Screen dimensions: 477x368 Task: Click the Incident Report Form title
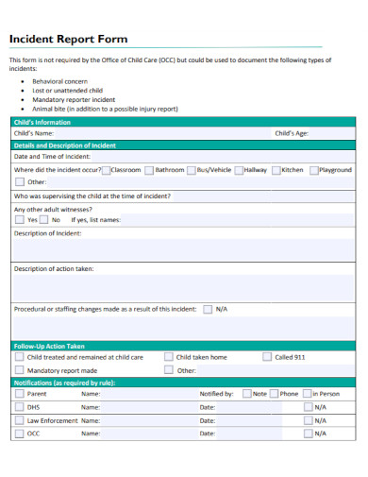click(68, 40)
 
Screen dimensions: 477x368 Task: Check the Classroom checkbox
click(106, 170)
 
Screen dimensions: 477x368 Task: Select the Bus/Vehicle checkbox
click(192, 170)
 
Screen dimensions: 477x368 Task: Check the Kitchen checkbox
click(276, 170)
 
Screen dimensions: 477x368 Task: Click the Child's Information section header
click(42, 123)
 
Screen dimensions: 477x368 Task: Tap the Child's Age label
click(292, 134)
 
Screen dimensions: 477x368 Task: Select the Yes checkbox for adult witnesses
click(19, 219)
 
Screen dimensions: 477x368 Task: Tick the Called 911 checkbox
click(266, 357)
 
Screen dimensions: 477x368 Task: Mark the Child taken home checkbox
click(169, 357)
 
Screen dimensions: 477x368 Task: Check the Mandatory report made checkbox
click(19, 370)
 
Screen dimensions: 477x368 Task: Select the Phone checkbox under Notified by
click(273, 393)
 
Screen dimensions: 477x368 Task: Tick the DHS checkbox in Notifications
click(19, 406)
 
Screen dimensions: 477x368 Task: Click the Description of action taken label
click(54, 269)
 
